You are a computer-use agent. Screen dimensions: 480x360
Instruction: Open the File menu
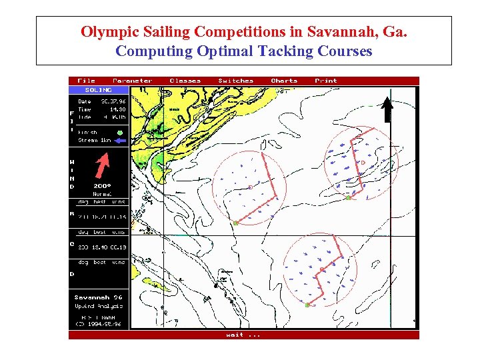point(87,81)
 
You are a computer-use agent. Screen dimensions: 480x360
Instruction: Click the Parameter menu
point(132,81)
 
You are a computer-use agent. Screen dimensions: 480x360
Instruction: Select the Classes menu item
point(185,81)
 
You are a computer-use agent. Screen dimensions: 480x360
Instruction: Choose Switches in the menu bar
point(236,81)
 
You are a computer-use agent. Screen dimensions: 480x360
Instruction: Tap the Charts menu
point(284,81)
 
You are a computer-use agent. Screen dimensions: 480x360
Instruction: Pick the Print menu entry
point(326,81)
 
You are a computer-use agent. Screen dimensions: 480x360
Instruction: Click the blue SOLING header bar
point(98,89)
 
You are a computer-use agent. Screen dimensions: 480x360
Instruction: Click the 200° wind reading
point(102,186)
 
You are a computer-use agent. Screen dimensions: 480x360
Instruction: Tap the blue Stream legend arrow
point(119,141)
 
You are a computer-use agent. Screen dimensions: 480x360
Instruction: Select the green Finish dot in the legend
point(119,133)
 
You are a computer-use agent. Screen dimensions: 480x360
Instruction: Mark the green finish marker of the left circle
point(235,223)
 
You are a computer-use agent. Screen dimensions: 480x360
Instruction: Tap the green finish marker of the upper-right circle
point(348,197)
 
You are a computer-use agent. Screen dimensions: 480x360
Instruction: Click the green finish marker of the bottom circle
point(307,304)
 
